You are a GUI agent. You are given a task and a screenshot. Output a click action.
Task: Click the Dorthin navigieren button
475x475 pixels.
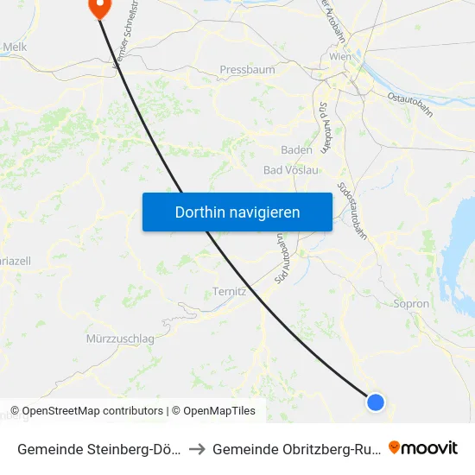pos(237,212)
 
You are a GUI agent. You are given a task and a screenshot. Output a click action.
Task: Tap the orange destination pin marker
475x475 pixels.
pos(99,7)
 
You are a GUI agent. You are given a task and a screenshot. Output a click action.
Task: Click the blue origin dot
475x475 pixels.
pos(375,402)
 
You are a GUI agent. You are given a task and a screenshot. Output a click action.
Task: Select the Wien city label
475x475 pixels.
pos(339,57)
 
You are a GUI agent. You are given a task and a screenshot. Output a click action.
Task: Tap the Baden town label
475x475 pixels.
pos(296,149)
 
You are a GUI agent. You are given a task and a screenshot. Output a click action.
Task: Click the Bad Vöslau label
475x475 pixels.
pos(291,170)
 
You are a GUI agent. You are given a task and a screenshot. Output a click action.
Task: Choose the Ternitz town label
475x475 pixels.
pos(230,292)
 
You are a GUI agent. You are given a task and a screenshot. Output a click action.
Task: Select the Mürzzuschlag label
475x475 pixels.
pos(120,339)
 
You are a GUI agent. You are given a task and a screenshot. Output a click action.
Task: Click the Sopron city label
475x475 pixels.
pos(411,304)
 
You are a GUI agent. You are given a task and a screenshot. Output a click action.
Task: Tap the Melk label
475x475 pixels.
pos(16,47)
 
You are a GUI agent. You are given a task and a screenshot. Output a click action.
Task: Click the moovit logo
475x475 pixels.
pos(423,447)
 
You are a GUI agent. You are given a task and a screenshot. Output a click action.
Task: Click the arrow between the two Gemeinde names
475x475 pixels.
pos(197,448)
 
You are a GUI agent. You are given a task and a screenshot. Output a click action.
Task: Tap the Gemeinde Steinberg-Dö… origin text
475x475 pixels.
pos(98,448)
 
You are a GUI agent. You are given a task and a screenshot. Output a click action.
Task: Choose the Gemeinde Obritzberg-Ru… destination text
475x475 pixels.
pos(294,448)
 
